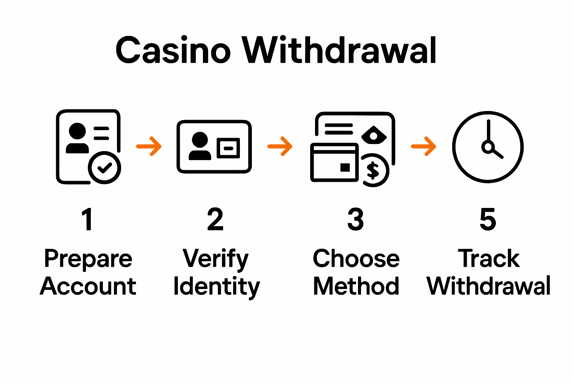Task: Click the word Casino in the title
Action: click(x=173, y=50)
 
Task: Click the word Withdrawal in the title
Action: click(x=339, y=50)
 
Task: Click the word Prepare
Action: click(x=88, y=259)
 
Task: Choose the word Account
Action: click(x=88, y=287)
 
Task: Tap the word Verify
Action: click(x=216, y=259)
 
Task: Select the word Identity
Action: click(x=216, y=287)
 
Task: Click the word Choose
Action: click(x=356, y=258)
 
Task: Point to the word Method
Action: click(x=356, y=287)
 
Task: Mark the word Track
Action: click(x=488, y=258)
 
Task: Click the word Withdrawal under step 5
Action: click(x=488, y=287)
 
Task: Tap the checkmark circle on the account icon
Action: click(x=105, y=168)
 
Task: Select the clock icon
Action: click(x=488, y=147)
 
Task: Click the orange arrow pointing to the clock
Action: click(x=423, y=146)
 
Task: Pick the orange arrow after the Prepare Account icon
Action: click(x=149, y=146)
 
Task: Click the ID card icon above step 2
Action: click(x=214, y=147)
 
